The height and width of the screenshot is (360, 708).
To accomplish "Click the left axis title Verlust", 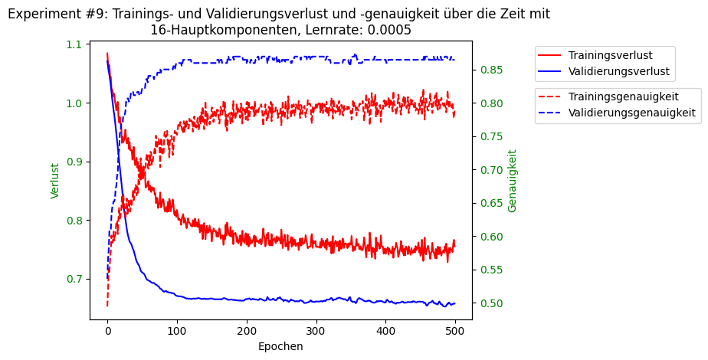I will point(55,181).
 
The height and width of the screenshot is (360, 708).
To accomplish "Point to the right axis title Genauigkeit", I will point(513,181).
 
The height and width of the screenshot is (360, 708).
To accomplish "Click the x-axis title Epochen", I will point(280,346).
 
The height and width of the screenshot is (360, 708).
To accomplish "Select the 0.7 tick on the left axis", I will point(76,279).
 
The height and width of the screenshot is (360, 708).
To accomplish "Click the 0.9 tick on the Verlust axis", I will point(76,162).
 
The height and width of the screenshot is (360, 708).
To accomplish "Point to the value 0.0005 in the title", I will point(388,30).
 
